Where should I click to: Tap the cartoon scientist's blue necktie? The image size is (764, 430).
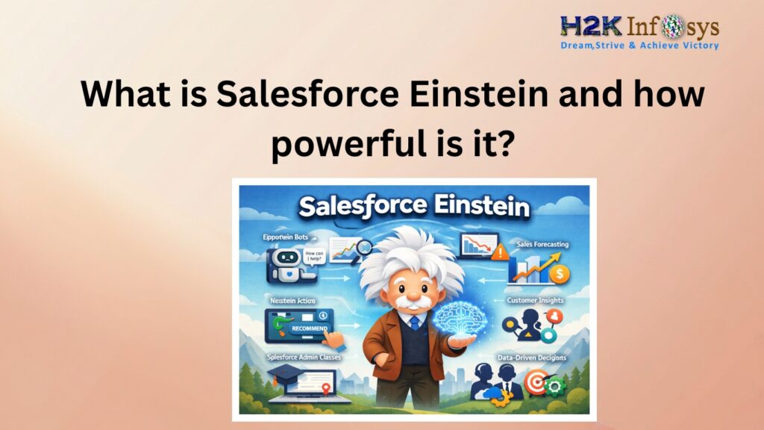pyautogui.click(x=414, y=322)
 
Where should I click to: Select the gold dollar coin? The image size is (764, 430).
pyautogui.click(x=557, y=274)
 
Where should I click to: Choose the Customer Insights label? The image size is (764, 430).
pyautogui.click(x=536, y=300)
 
